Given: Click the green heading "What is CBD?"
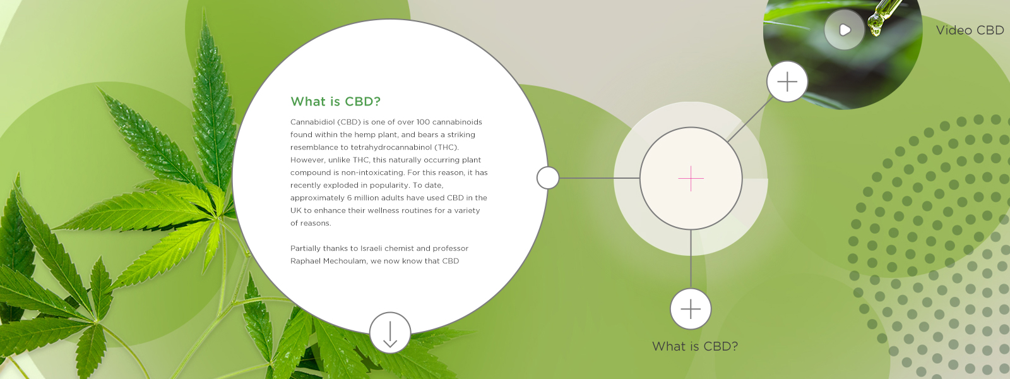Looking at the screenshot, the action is pos(335,102).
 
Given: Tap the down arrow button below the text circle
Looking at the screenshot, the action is pos(390,333).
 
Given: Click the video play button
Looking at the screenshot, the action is pos(845,30).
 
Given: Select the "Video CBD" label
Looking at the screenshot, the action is pos(970,30).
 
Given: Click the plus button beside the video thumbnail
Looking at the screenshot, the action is pos(787,81).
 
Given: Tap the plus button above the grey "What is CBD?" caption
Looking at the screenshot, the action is pos(691,309).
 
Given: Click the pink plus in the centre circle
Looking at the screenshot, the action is pos(691,179).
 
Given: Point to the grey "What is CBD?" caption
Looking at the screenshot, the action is pos(695,346).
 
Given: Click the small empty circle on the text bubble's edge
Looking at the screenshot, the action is pos(548,177).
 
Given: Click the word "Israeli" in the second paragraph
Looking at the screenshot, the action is pos(373,248).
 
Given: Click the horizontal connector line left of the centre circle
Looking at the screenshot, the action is pos(599,178).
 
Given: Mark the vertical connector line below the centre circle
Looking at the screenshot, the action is pos(691,259).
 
